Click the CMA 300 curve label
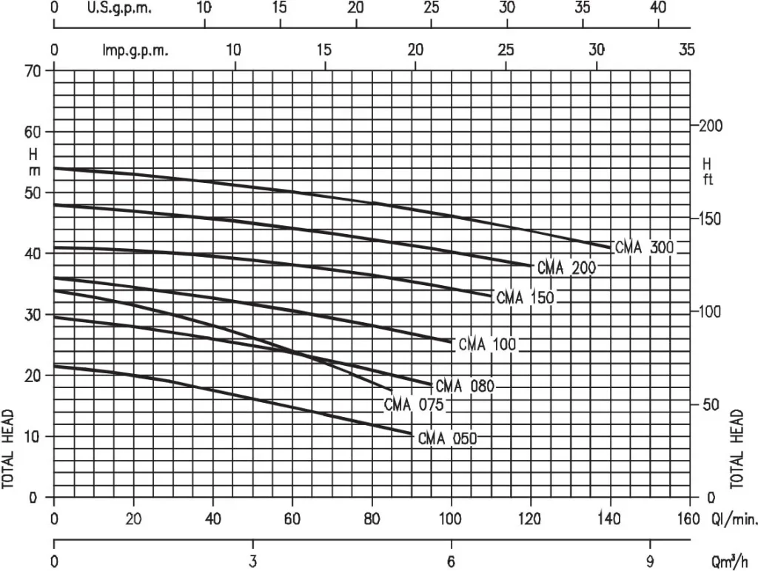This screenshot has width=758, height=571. point(644,247)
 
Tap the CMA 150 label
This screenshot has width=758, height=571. point(525,298)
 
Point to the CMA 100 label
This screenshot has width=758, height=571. point(486,344)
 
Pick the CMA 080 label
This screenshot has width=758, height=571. point(464,386)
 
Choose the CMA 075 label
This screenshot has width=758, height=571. point(413,405)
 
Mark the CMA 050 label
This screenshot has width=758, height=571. point(447,438)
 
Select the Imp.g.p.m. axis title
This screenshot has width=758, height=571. point(135,50)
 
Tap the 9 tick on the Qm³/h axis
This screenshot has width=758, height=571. point(650,561)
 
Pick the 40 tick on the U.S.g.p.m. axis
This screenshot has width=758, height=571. point(659,7)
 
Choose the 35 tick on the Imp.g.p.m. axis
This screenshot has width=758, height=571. point(686,50)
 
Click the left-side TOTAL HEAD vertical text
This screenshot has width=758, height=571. point(9,449)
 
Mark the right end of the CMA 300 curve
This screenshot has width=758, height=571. point(611,247)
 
